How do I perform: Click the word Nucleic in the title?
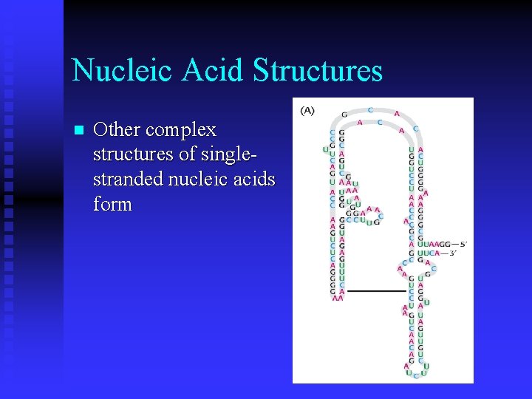(122, 70)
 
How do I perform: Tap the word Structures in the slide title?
(317, 70)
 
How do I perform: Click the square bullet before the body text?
(79, 131)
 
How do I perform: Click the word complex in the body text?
(181, 130)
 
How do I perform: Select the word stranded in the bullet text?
(129, 179)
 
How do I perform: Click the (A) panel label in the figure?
(307, 110)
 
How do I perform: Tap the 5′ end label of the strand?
(463, 243)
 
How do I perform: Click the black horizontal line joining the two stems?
(377, 290)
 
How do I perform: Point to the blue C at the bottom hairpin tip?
(416, 375)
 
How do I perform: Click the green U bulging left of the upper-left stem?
(326, 150)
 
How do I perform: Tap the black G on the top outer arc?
(344, 115)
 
